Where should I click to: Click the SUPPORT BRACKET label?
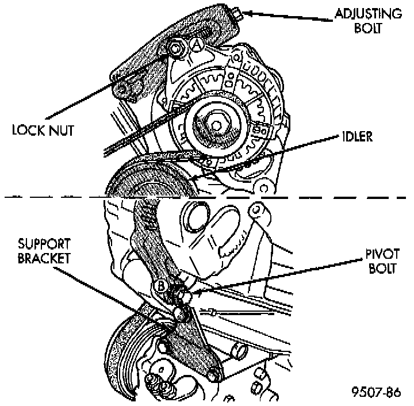[44, 250]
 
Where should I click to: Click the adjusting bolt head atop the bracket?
[236, 11]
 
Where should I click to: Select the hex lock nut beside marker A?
[177, 49]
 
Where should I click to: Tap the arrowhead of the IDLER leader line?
[248, 164]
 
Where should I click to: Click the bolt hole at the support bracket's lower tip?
[213, 377]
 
